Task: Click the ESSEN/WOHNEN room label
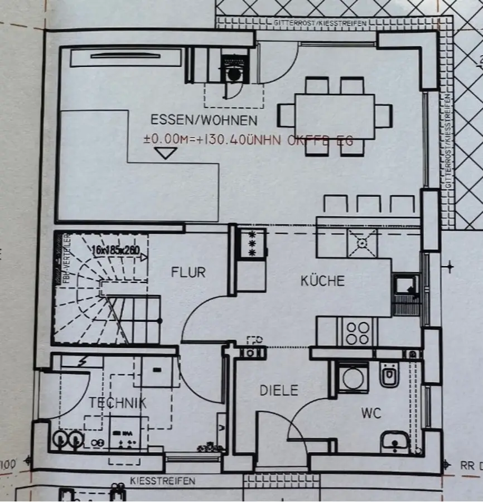click(x=204, y=120)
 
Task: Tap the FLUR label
click(x=188, y=272)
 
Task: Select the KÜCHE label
click(x=322, y=281)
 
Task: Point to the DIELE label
click(x=279, y=390)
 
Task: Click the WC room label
click(x=370, y=413)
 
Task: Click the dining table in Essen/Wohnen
click(x=334, y=116)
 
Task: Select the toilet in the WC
click(x=388, y=375)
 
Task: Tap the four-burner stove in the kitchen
click(x=357, y=332)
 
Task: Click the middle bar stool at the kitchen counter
click(x=368, y=204)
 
